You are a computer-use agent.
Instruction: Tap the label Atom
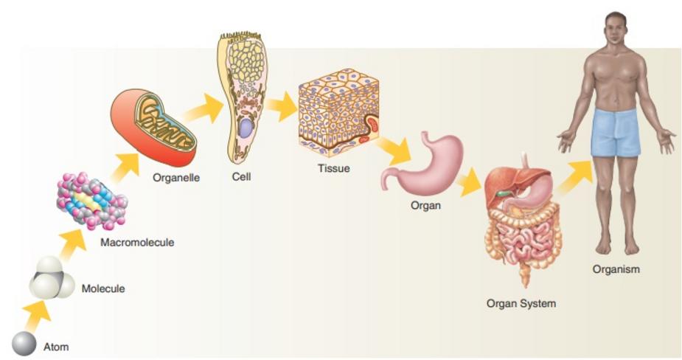click(56, 346)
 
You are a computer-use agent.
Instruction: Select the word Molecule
click(102, 288)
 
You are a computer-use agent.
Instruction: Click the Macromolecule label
click(137, 241)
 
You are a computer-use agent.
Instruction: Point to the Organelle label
click(176, 177)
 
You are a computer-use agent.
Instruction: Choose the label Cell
click(241, 177)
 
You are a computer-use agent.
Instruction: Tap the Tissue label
click(333, 168)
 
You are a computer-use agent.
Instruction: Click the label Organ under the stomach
click(425, 206)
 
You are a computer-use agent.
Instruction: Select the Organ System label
click(521, 303)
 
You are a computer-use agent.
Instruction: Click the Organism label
click(616, 269)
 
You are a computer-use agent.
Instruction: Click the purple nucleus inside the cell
click(245, 128)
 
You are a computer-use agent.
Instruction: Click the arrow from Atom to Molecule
click(37, 315)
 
